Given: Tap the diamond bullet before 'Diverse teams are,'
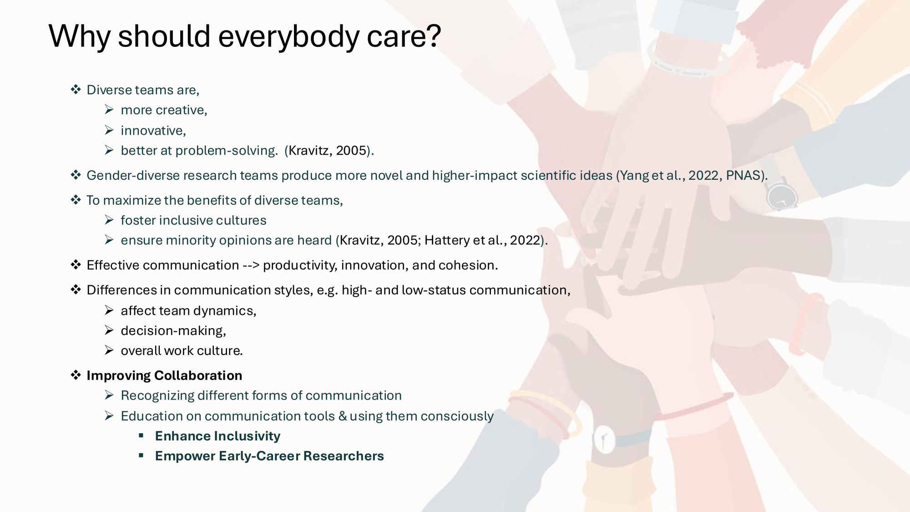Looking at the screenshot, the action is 76,89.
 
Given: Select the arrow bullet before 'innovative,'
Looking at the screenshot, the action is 109,130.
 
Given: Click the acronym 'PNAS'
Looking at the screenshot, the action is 743,175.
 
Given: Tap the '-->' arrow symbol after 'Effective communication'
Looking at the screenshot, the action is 251,265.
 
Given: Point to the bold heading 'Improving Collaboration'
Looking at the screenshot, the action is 164,375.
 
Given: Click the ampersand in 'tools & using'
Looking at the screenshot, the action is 343,416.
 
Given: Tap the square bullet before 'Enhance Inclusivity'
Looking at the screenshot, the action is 142,436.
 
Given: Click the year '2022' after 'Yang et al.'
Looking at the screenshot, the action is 703,175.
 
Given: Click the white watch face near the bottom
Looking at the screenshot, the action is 604,439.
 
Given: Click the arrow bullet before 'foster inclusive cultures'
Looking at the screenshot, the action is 109,220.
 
